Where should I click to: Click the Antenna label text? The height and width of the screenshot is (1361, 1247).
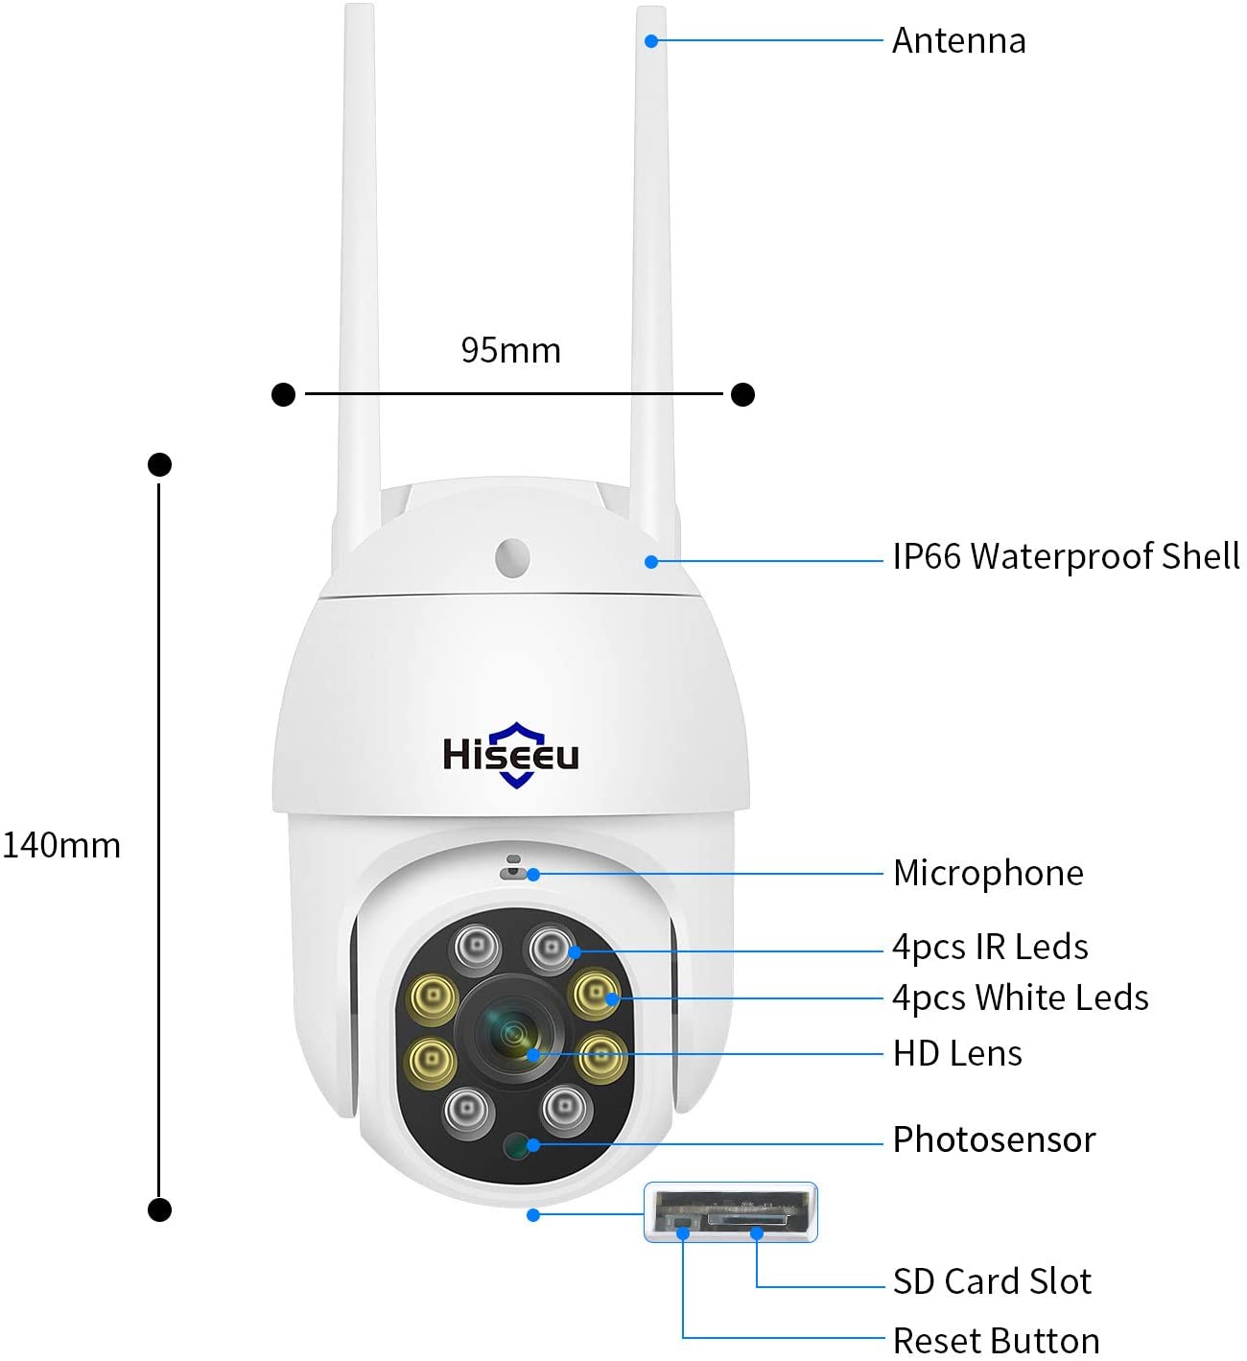[x=958, y=40]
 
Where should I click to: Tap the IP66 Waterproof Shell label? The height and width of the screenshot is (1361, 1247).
[x=1066, y=557]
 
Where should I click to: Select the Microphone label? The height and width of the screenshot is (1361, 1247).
[x=988, y=873]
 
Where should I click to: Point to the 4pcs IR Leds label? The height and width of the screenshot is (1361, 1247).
[x=990, y=947]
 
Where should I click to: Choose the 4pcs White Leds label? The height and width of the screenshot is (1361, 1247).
[x=1021, y=997]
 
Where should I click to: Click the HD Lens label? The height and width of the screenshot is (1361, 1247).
[x=957, y=1054]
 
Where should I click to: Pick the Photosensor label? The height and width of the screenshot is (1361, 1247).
[x=994, y=1139]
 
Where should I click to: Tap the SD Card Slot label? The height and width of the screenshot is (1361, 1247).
[x=992, y=1281]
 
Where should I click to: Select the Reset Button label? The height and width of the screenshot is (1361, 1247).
[x=996, y=1341]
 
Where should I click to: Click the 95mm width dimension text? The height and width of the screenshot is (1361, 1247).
[x=510, y=351]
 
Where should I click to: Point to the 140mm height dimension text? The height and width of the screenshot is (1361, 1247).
[x=61, y=845]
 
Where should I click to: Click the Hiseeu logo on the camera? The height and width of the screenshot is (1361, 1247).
[x=511, y=755]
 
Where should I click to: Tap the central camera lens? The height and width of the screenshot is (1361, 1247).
[x=512, y=1035]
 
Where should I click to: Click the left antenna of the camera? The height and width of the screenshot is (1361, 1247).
[x=358, y=285]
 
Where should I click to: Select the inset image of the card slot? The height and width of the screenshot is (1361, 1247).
[x=730, y=1212]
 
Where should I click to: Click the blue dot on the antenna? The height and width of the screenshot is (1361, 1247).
[x=651, y=41]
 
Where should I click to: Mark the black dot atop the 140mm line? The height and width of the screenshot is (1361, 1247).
[x=159, y=465]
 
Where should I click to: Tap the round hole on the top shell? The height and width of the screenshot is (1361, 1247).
[x=512, y=557]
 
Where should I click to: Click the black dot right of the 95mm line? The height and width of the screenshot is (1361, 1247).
[x=743, y=394]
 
